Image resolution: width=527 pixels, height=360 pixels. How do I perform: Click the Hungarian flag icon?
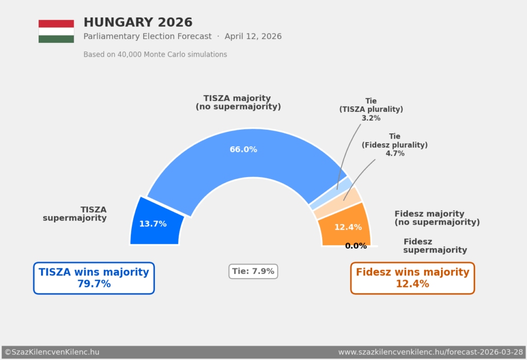point(56,31)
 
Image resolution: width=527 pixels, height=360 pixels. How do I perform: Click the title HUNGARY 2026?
point(138,23)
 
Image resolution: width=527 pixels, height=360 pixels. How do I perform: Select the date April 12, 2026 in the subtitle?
point(253,37)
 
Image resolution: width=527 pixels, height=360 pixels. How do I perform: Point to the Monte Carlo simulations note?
point(155,55)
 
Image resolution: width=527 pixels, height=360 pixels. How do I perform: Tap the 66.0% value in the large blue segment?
point(243,149)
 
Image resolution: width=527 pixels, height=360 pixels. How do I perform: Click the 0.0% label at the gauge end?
point(356,246)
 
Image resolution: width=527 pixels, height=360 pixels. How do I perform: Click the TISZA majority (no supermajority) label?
point(238,102)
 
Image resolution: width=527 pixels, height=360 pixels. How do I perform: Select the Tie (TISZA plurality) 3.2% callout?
point(371,110)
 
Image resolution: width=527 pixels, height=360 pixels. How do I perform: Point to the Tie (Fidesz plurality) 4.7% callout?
point(395,145)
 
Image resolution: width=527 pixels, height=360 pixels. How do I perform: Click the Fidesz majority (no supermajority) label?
point(436,218)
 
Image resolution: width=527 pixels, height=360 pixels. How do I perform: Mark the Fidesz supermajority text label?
point(435,246)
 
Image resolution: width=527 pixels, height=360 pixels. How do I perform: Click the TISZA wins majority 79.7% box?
point(94,278)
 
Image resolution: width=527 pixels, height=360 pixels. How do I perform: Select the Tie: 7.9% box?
point(253,271)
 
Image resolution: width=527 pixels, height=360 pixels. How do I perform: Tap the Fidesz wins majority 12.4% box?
point(412,278)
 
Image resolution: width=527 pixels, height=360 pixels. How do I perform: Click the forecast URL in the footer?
point(431,352)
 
